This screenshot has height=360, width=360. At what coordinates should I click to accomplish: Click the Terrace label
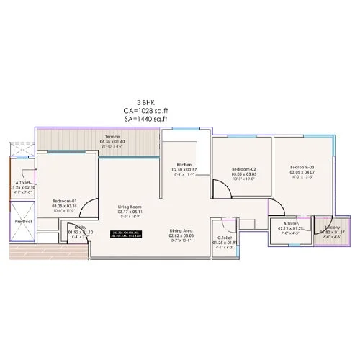coord(111,136)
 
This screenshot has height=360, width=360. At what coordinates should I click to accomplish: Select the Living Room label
coord(130,207)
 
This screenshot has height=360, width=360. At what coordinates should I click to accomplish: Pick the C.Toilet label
coord(224,238)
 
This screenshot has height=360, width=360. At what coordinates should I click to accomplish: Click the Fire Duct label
coord(20,222)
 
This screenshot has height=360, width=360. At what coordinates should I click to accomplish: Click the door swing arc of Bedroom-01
coord(88,209)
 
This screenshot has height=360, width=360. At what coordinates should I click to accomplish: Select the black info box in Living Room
coord(130,233)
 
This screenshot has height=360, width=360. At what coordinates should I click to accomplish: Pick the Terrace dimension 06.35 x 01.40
coord(111,141)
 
